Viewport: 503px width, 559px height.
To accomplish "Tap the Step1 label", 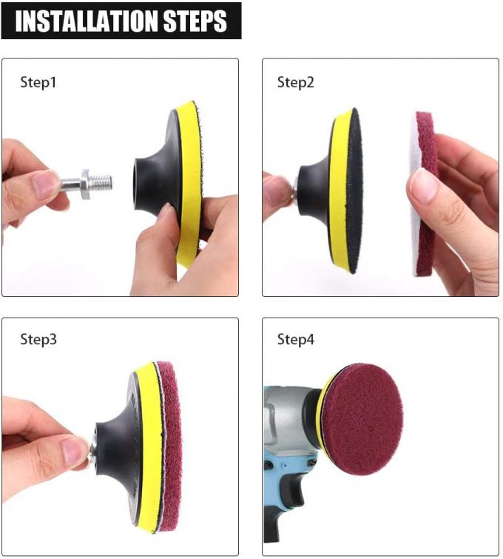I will (38, 82).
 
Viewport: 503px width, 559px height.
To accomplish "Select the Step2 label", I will (296, 82).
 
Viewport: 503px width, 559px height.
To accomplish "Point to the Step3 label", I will (38, 340).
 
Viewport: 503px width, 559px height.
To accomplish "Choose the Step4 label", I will (296, 340).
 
